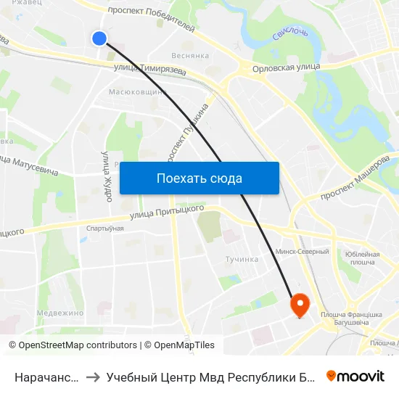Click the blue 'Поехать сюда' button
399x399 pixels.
pos(199,178)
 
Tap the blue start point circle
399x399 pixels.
pos(100,38)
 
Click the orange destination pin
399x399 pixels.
pos(300,305)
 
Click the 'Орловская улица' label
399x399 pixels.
pos(285,67)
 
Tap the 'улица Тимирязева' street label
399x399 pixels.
pos(149,70)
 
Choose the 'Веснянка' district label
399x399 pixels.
pos(191,55)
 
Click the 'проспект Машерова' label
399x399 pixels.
pos(355,177)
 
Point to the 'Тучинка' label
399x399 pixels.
pos(242,259)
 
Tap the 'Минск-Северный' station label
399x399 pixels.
pos(303,252)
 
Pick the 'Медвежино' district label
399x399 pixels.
pos(60,313)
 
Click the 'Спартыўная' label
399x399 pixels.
pos(105,229)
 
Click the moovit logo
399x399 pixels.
pos(355,376)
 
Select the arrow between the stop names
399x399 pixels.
pos(94,377)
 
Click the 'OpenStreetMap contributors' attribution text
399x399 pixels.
pos(78,345)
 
